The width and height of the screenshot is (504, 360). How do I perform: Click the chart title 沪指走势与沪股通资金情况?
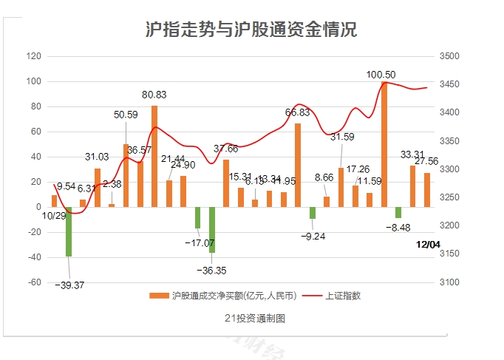[x=251, y=30]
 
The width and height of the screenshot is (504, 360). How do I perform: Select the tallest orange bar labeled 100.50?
[x=384, y=144]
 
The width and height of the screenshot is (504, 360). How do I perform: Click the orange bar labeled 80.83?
[x=154, y=156]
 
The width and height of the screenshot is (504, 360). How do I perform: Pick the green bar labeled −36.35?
[x=212, y=230]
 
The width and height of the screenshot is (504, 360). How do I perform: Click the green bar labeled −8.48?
[x=398, y=212]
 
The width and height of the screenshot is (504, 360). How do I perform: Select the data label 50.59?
[x=126, y=115]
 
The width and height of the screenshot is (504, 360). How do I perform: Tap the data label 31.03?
[x=97, y=157]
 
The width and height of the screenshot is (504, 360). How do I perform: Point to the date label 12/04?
[x=428, y=245]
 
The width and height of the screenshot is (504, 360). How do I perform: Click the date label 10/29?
[x=54, y=216]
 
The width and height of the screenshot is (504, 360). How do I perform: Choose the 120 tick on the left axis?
[x=34, y=56]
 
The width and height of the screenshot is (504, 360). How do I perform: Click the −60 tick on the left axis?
[x=34, y=282]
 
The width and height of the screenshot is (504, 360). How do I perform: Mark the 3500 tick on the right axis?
[x=449, y=56]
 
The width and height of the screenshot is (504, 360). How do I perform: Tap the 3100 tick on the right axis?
[x=449, y=282]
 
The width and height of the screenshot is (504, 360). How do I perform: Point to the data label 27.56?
[x=426, y=161]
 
